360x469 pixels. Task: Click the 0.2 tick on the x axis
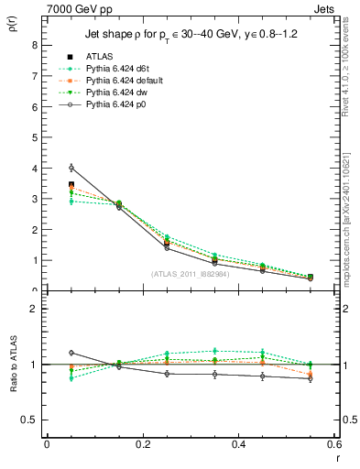pos(142,444)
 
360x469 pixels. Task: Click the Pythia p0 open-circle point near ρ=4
pos(71,168)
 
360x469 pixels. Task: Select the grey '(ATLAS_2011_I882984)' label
pos(190,273)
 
